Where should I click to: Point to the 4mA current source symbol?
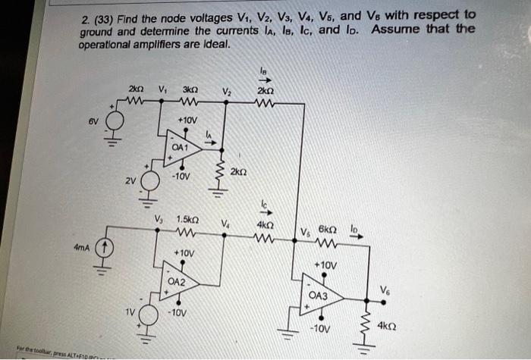click(106, 248)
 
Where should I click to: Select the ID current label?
click(353, 227)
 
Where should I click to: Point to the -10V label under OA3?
click(321, 329)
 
